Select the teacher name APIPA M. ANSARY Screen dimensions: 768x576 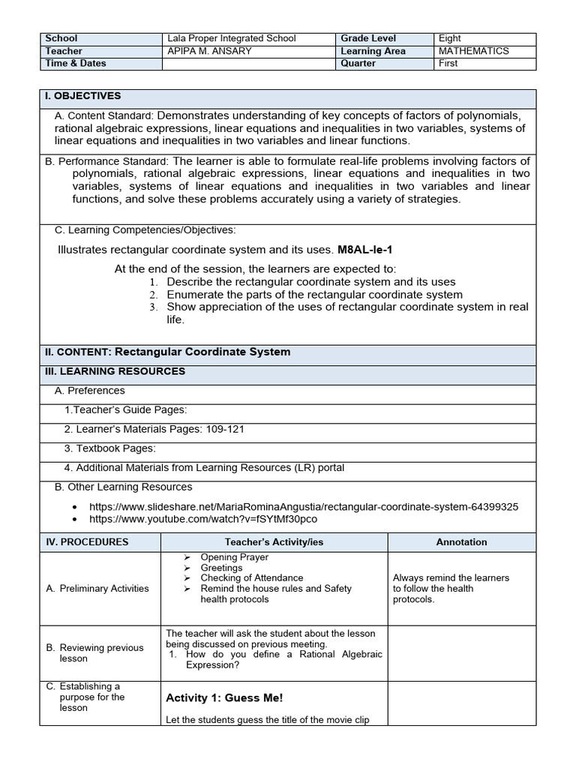210,51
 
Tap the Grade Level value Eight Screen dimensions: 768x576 450,38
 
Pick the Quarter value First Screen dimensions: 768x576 448,64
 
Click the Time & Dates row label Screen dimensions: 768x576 76,64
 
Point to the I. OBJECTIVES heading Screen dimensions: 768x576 82,96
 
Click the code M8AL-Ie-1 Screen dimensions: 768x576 365,249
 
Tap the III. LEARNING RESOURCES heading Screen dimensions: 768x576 115,371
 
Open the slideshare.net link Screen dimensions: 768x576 303,507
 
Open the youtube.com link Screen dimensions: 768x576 202,519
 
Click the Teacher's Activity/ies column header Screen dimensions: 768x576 274,542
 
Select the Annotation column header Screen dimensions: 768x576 461,542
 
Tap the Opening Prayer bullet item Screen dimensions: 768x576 234,557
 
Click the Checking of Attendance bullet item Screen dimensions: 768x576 251,578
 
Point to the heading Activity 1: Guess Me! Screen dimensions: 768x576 224,698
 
